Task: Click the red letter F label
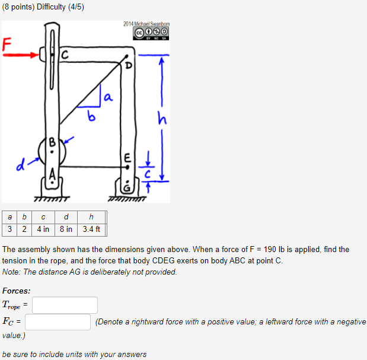(7, 44)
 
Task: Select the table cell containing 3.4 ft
(91, 229)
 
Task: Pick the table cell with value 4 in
(42, 229)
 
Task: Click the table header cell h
(91, 216)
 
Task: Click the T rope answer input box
(65, 305)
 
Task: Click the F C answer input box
(58, 322)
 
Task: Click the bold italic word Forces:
(17, 291)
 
